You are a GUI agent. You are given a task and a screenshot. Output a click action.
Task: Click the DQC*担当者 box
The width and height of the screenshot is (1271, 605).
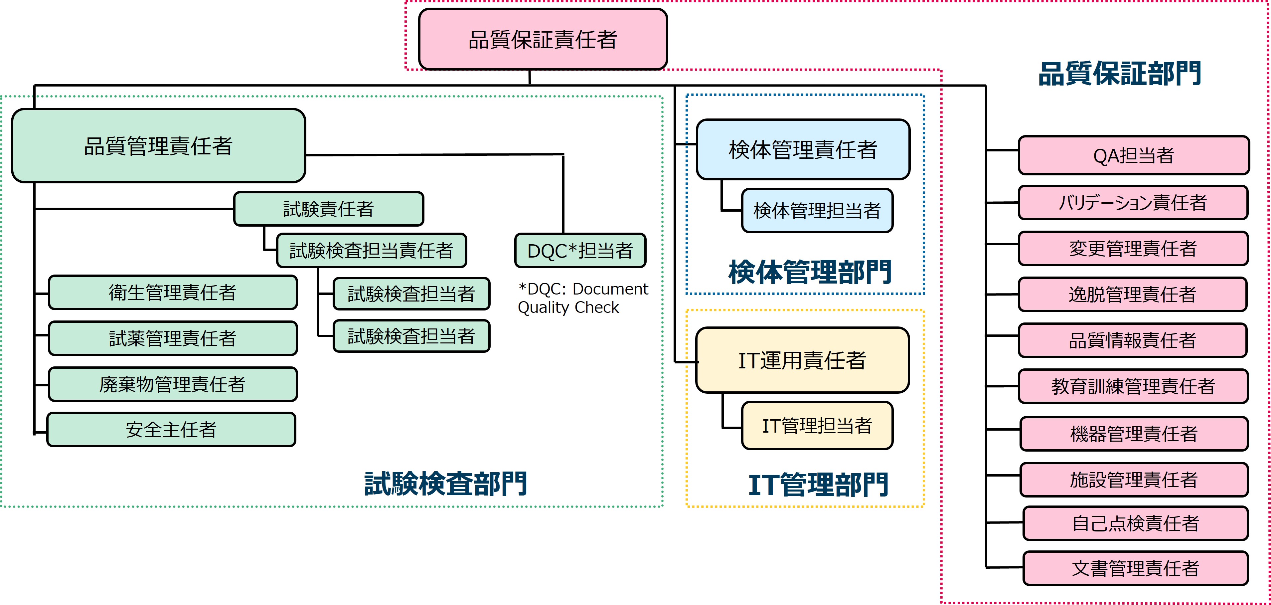pos(580,251)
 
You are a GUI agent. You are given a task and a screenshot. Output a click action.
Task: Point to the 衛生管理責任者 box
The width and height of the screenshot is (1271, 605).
pos(173,293)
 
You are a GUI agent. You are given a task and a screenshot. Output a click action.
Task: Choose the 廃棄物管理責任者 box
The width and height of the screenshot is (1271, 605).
pos(173,384)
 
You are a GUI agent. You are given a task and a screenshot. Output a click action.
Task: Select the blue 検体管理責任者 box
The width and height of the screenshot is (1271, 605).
pos(803,149)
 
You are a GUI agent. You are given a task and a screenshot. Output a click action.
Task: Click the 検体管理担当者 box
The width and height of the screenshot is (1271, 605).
pos(817,211)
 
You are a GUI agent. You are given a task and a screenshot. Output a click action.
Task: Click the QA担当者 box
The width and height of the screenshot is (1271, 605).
pos(1133,155)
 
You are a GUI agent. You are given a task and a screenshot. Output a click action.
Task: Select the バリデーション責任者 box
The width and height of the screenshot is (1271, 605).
pos(1133,202)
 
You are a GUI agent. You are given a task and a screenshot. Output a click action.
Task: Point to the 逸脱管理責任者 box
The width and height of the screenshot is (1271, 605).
pos(1132,295)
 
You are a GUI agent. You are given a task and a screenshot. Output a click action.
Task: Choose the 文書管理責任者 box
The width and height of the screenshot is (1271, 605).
pos(1135,568)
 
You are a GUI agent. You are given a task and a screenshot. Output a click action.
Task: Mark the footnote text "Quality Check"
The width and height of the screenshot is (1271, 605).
pos(568,307)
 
